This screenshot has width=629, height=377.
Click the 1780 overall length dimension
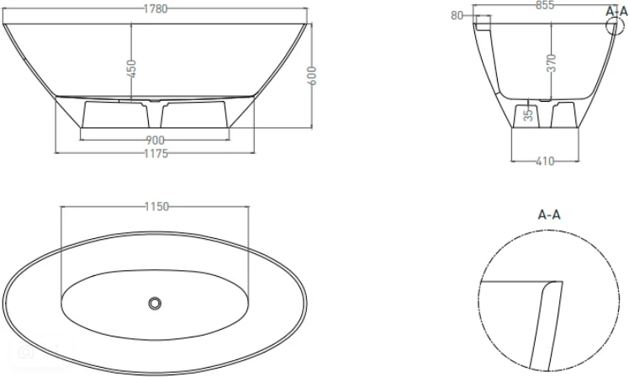[156, 8]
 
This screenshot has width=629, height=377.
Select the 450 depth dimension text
[131, 69]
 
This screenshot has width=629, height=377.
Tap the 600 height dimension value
[312, 76]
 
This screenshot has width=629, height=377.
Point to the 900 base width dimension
[156, 141]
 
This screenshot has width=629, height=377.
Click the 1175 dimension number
[156, 153]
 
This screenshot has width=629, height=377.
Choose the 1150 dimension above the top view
[157, 207]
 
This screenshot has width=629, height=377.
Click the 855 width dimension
[545, 5]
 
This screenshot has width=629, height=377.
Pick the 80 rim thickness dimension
[457, 16]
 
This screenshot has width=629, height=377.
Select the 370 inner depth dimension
[552, 63]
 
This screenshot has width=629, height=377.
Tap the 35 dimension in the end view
[529, 114]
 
